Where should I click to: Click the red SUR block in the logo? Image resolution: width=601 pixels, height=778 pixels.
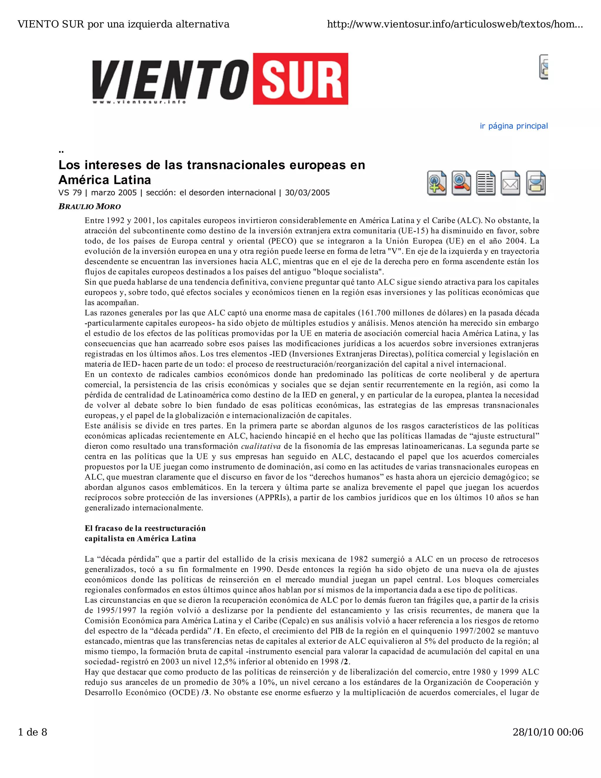pos(300,79)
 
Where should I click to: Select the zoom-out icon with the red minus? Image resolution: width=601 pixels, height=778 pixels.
pos(461,183)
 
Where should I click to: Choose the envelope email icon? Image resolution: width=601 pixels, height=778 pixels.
pos(510,183)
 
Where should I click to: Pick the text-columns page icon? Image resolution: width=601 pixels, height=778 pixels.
pos(486,183)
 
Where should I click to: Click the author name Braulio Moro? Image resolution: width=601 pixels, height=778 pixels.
pos(90,207)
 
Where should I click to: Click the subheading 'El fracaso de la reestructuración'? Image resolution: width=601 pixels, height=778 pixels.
pos(145,528)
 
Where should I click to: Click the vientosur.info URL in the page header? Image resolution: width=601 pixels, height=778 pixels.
pos(455,24)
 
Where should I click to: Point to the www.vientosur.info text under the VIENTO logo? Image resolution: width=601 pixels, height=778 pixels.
pos(139,102)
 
